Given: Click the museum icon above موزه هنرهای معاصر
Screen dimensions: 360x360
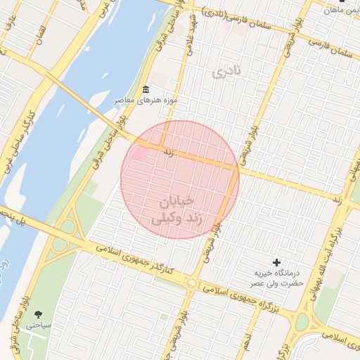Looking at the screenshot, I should point(146,89).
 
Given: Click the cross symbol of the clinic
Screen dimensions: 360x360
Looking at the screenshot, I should point(276,262).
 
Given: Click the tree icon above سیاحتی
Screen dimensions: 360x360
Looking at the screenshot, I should point(37,314).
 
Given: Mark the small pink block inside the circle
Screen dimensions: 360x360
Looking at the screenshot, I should point(139,153).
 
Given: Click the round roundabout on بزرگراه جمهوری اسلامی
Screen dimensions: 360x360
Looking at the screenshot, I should point(191,283).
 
